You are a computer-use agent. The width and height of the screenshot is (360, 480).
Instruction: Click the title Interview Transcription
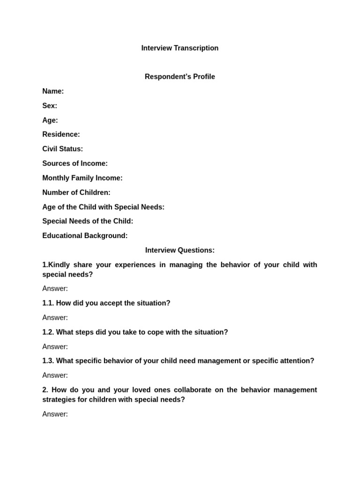[x=180, y=48]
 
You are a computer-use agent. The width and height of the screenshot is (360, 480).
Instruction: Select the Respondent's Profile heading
[x=180, y=76]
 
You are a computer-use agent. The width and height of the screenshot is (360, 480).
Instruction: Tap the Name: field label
[x=53, y=91]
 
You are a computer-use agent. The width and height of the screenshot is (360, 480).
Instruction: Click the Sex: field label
[x=50, y=105]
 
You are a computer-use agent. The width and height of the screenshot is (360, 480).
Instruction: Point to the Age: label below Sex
[x=50, y=120]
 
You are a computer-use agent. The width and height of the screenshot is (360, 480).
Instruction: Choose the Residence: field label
[x=61, y=134]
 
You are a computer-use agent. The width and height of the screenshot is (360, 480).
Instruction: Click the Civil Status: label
[x=62, y=149]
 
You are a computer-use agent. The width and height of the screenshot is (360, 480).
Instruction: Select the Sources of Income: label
[x=75, y=163]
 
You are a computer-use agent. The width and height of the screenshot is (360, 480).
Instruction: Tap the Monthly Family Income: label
[x=82, y=178]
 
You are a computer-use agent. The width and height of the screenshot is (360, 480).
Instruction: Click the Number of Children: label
[x=76, y=192]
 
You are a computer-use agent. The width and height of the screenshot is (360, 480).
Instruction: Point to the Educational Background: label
[x=85, y=235]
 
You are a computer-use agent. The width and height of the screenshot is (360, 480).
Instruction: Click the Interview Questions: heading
[x=180, y=250]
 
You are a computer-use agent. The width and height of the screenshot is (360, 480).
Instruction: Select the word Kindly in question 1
[x=60, y=265]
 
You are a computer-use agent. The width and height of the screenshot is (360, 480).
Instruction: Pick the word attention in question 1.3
[x=297, y=361]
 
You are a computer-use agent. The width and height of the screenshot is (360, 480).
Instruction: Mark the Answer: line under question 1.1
[x=55, y=318]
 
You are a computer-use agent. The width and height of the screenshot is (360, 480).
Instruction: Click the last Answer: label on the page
[x=55, y=414]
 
